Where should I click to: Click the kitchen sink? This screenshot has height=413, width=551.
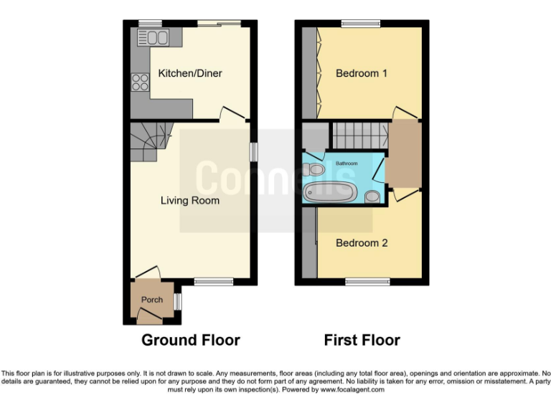pos(157,37)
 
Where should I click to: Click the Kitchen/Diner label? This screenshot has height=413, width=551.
pos(190,74)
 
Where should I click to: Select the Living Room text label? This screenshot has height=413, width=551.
pos(189,201)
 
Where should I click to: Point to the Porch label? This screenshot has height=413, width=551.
pos(151,300)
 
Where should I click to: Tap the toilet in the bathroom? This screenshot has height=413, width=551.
pos(313,170)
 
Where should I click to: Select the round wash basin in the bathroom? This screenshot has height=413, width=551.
pos(372,196)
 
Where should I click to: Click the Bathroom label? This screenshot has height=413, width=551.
pos(347,163)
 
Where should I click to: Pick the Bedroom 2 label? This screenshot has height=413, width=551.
pos(362,243)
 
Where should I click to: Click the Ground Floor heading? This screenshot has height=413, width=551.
pos(190,340)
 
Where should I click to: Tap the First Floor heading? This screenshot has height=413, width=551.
pos(362,340)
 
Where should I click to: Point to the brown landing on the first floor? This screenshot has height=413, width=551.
pos(403,153)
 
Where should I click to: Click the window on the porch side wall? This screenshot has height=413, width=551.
pos(178,301)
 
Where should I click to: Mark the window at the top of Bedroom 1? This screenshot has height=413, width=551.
pos(360,24)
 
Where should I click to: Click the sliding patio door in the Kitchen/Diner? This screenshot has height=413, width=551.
pos(218,24)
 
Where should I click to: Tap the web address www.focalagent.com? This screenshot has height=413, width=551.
pos(352,390)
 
